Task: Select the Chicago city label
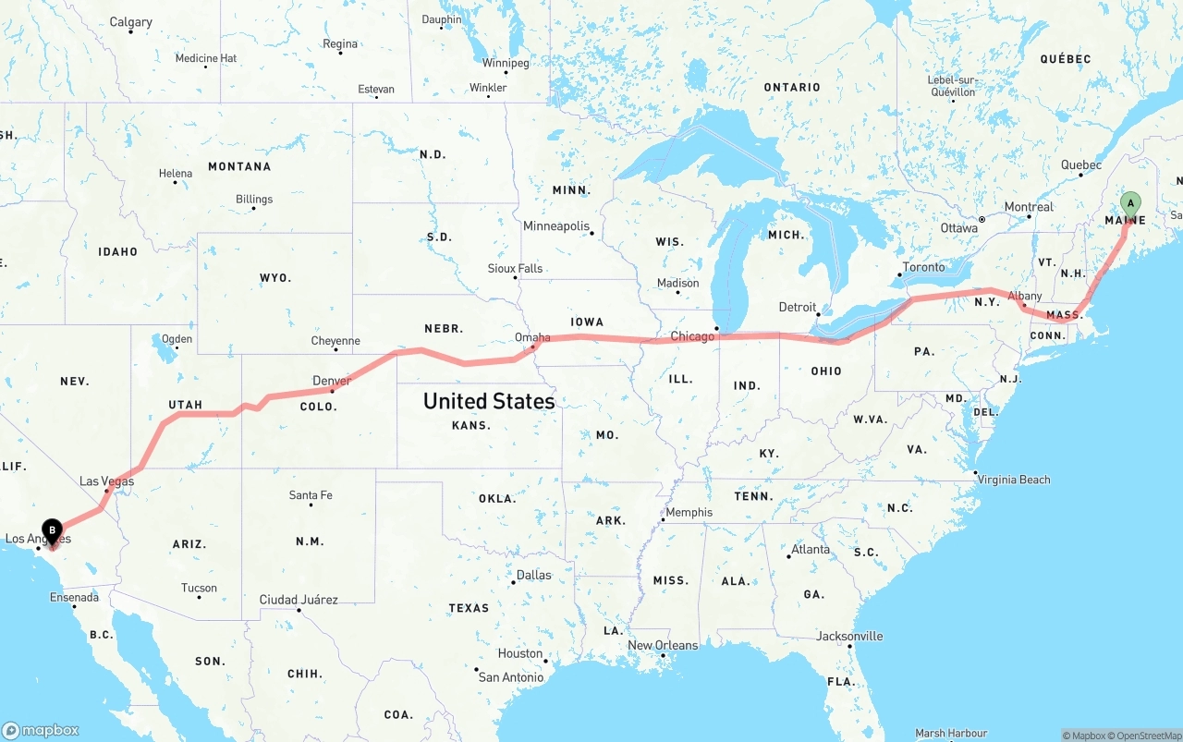click(x=692, y=336)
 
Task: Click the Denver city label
click(x=332, y=381)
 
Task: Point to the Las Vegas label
click(x=106, y=481)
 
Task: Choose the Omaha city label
click(x=532, y=338)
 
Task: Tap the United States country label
click(x=489, y=401)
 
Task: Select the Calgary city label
click(x=130, y=22)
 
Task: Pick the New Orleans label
click(x=663, y=645)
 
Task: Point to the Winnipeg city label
click(x=506, y=63)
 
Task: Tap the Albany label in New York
click(x=1025, y=297)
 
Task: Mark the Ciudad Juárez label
click(x=299, y=600)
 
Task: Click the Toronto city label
click(x=924, y=267)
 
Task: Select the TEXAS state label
click(x=469, y=608)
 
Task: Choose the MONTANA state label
click(x=239, y=166)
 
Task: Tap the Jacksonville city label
click(x=849, y=636)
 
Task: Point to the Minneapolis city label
click(x=555, y=226)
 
